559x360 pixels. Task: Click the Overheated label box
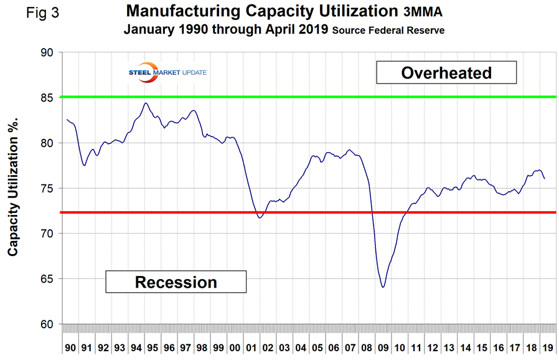coord(447,72)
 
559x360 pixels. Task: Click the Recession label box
coord(176,282)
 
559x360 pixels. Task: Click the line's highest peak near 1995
coord(146,103)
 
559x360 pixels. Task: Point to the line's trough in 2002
coord(260,217)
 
